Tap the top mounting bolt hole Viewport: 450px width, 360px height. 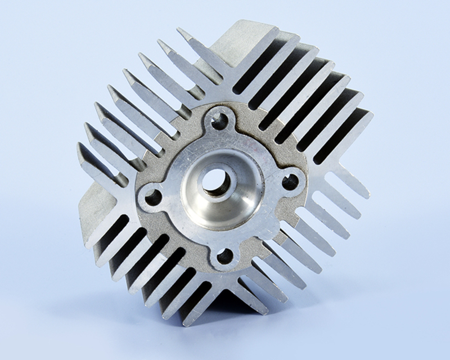(219, 120)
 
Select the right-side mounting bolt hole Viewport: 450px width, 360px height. (290, 182)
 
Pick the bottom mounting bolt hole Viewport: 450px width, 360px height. (225, 256)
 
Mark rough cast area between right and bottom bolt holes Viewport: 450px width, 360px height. (270, 231)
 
